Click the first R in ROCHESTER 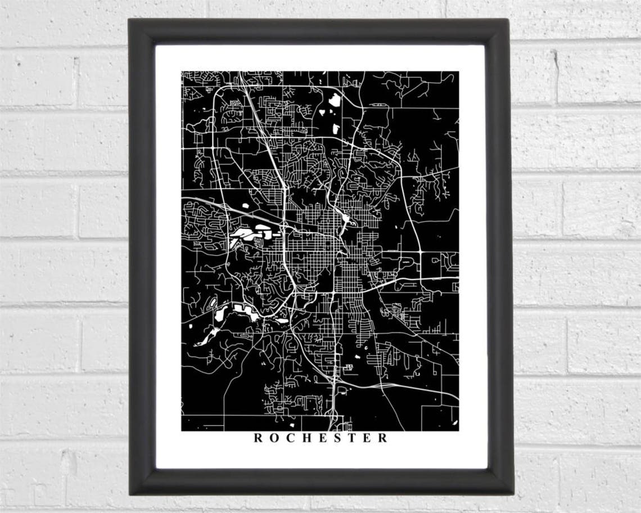pos(258,438)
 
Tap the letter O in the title pos(273,438)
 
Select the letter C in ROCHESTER pos(290,438)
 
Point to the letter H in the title pos(306,438)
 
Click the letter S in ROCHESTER pos(337,438)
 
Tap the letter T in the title pos(352,438)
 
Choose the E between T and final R pos(367,438)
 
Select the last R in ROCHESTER pos(383,438)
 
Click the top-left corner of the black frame pos(129,19)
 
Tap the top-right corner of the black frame pos(508,19)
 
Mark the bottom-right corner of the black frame pos(513,494)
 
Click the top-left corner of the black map pos(182,71)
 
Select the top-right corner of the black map pos(458,71)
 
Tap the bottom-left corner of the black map pos(182,431)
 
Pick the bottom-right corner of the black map pos(458,431)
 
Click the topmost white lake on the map pos(335,100)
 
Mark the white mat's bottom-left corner pos(156,468)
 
